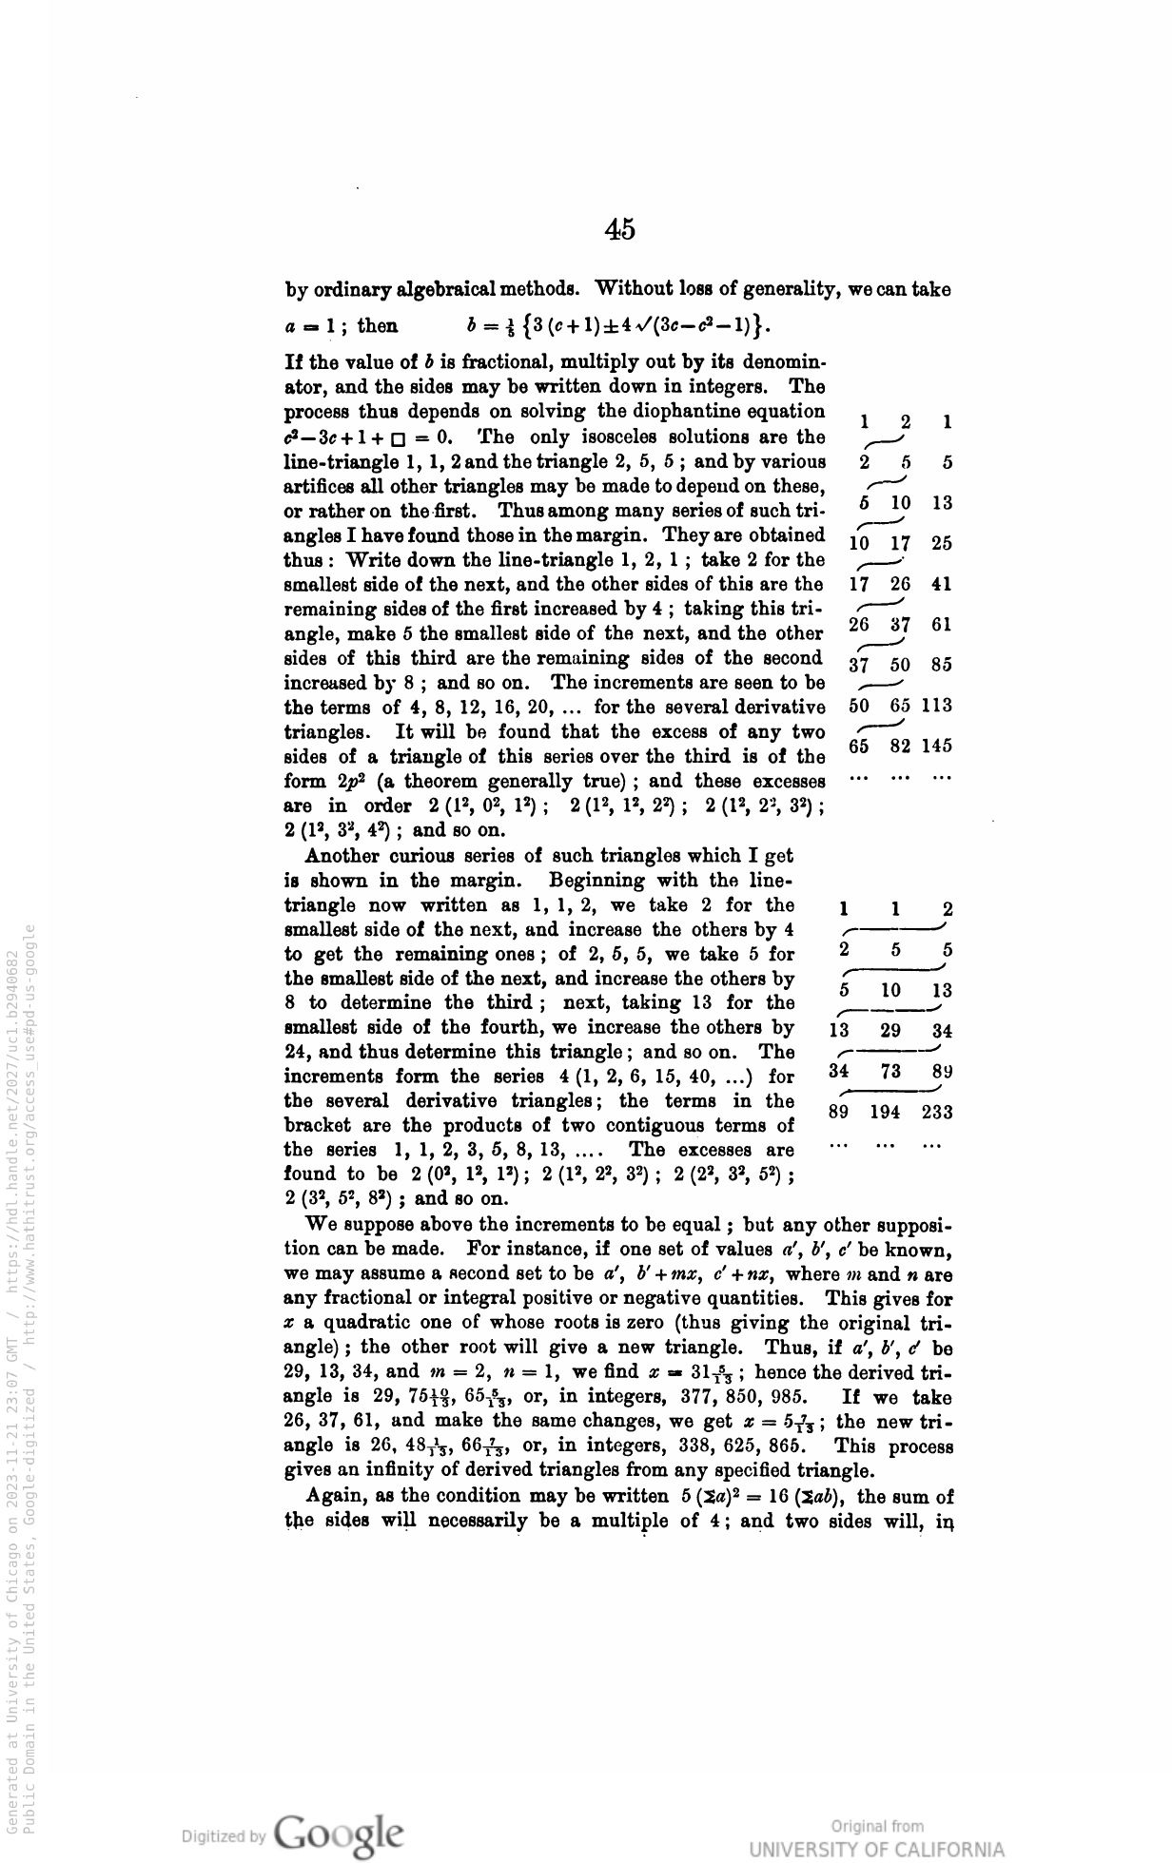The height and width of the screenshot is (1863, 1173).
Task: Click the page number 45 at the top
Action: tap(619, 229)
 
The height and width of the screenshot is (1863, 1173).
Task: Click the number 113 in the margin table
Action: tap(937, 706)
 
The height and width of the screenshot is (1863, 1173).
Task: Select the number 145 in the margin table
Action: tap(937, 747)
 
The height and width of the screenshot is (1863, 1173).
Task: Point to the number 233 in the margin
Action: tap(938, 1113)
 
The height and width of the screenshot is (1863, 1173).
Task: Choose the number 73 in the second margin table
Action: tap(891, 1072)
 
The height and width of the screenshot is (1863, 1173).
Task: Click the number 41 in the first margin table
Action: tap(942, 584)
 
